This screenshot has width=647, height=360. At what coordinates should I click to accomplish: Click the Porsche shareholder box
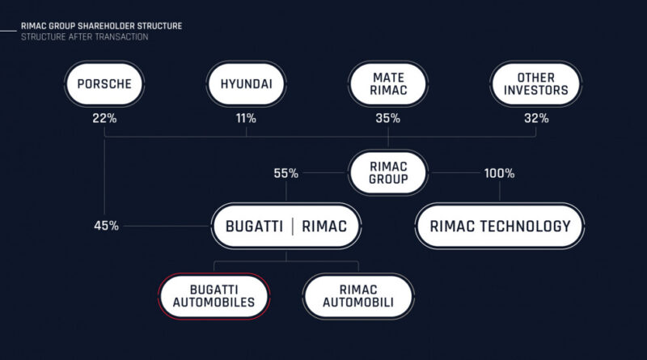[x=104, y=84]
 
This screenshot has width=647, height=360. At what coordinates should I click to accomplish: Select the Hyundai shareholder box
[x=247, y=84]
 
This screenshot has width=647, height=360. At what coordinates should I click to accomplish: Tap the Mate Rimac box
[x=388, y=84]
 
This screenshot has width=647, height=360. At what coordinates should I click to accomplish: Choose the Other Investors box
[x=536, y=84]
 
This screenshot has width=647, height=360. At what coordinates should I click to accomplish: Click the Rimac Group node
[x=388, y=172]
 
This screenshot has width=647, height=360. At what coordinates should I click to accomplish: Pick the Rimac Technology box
[x=500, y=226]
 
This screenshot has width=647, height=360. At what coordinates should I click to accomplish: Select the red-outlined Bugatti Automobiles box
[x=214, y=296]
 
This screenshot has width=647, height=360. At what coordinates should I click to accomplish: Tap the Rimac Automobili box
[x=358, y=296]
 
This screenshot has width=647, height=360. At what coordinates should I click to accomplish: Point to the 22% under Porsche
[x=104, y=118]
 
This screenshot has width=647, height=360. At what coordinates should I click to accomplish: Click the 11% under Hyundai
[x=246, y=118]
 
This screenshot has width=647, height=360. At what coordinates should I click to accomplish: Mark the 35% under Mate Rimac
[x=388, y=118]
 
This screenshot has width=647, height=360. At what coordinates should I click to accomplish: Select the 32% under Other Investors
[x=536, y=118]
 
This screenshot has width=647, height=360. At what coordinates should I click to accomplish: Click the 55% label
[x=286, y=173]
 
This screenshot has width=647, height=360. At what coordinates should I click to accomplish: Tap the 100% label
[x=499, y=173]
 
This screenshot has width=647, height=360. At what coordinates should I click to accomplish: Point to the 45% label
[x=107, y=226]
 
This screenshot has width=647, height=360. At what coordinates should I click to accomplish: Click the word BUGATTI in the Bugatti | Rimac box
[x=254, y=227]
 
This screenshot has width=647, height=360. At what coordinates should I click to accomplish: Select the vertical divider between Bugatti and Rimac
[x=293, y=227]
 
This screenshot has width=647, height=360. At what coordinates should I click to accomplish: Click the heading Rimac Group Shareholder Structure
[x=102, y=26]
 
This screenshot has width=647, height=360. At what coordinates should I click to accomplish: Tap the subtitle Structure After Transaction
[x=85, y=36]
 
